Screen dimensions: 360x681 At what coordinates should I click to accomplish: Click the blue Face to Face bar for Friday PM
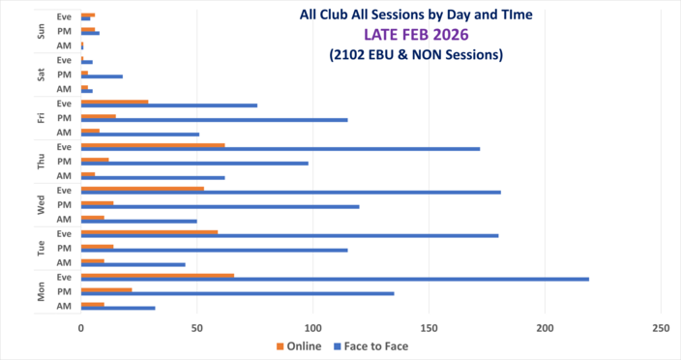pyautogui.click(x=214, y=119)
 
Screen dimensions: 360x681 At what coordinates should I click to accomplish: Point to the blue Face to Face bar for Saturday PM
pyautogui.click(x=102, y=75)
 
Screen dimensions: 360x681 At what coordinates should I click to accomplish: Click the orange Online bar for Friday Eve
pyautogui.click(x=114, y=102)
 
